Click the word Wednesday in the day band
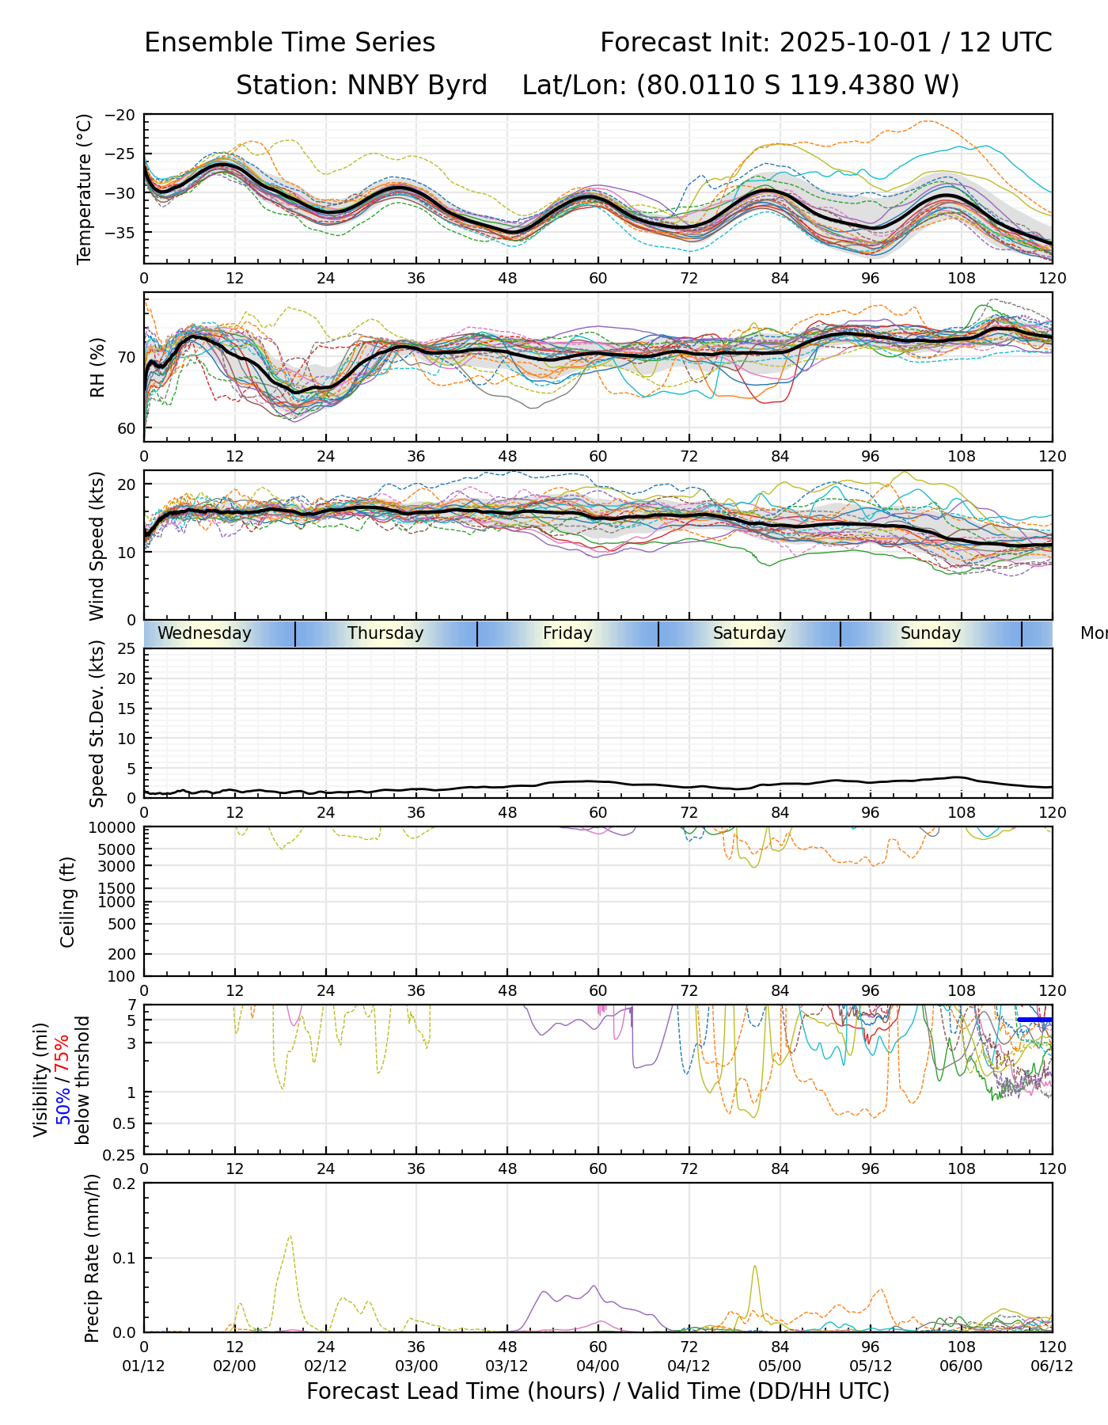[x=204, y=633]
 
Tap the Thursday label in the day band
[x=385, y=633]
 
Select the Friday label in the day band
[x=567, y=633]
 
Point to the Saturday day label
[x=749, y=633]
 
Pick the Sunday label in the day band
[x=931, y=633]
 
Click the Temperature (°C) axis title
[x=85, y=188]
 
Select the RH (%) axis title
[x=97, y=367]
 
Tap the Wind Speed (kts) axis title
[x=97, y=545]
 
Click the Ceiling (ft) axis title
[x=68, y=902]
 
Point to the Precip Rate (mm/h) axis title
[x=93, y=1258]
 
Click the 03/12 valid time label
[x=507, y=1366]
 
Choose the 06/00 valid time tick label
[x=962, y=1366]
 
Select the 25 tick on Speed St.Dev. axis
[x=127, y=649]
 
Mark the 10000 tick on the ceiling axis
[x=115, y=828]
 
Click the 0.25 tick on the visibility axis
[x=121, y=1154]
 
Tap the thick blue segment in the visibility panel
[x=1034, y=1020]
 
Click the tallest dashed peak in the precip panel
[x=290, y=1236]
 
